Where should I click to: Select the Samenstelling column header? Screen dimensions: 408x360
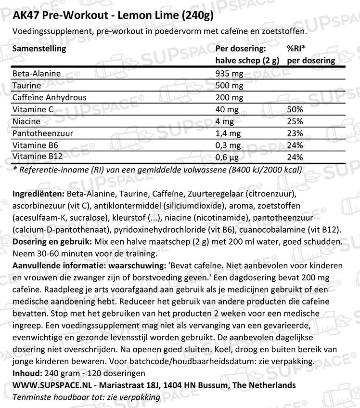pyautogui.click(x=39, y=49)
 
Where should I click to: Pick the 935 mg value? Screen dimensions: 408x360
pyautogui.click(x=230, y=74)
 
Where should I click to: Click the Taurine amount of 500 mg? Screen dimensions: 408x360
pyautogui.click(x=230, y=85)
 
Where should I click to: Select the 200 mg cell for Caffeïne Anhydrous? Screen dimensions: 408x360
pyautogui.click(x=230, y=97)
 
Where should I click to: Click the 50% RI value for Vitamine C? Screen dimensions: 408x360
pyautogui.click(x=295, y=109)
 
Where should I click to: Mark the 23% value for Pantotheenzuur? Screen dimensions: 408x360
pyautogui.click(x=295, y=133)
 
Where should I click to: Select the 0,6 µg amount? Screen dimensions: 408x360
pyautogui.click(x=228, y=158)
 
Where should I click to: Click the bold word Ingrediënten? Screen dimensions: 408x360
pyautogui.click(x=37, y=194)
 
